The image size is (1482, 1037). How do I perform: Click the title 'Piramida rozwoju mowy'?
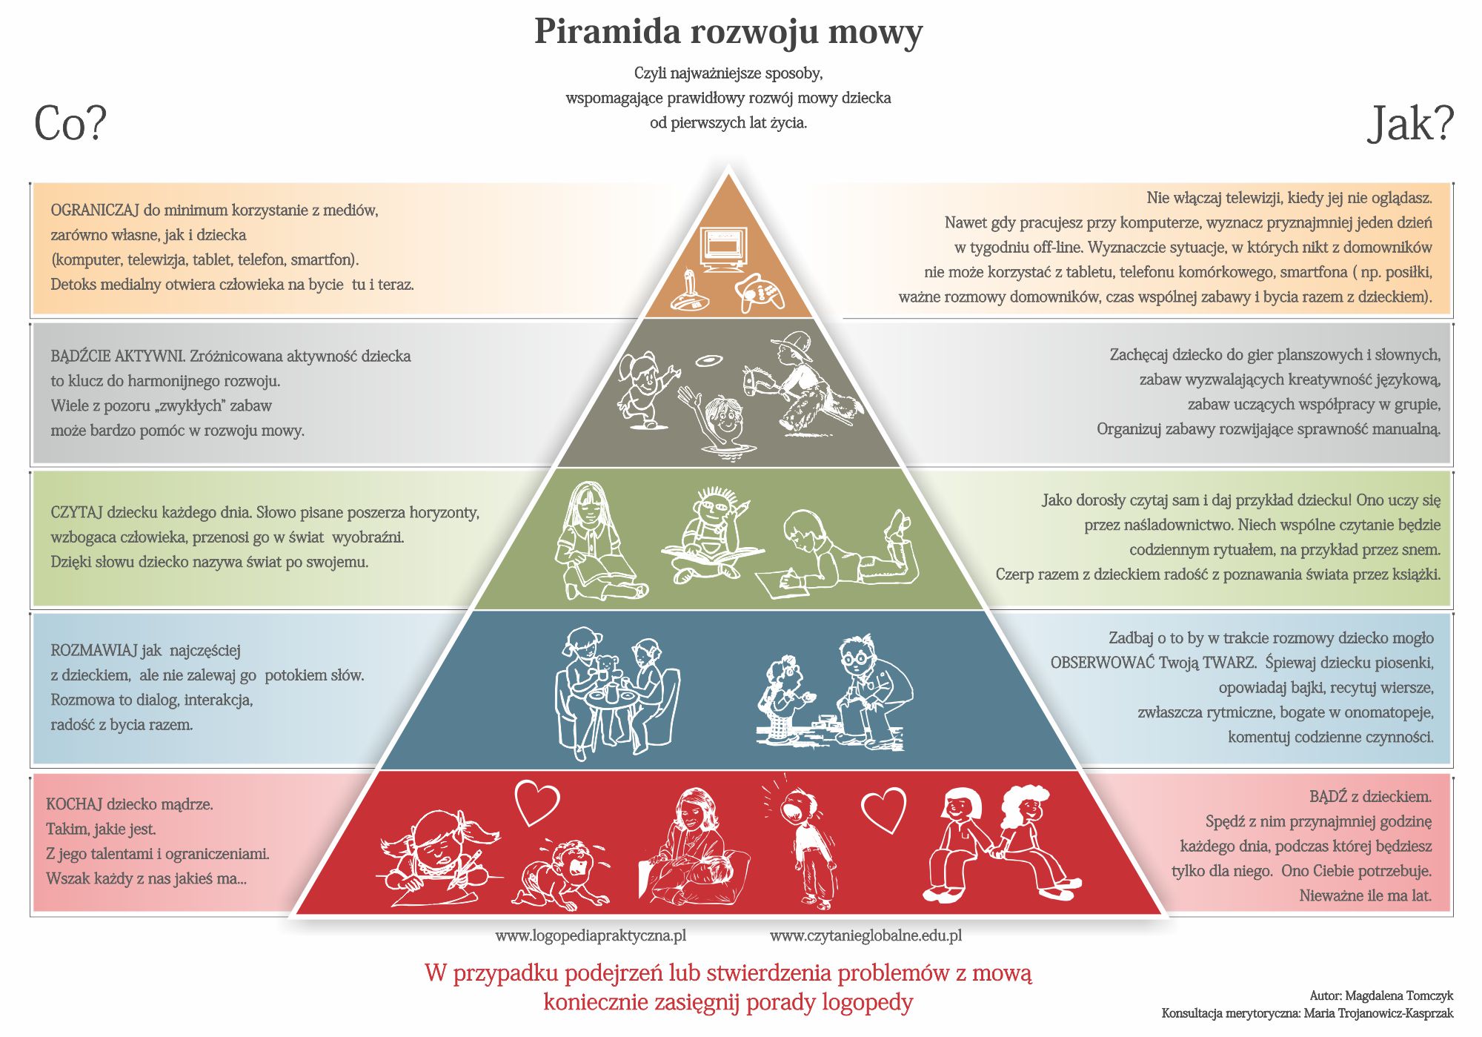728,32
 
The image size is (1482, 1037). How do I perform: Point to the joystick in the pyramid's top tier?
688,292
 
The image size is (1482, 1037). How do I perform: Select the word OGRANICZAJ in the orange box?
96,211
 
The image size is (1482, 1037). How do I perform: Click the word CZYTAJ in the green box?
76,512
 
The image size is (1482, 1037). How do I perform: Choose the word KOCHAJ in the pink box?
74,804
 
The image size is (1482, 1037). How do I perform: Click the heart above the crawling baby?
537,803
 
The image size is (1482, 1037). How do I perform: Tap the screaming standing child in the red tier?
804,841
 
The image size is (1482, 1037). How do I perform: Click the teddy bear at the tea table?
607,670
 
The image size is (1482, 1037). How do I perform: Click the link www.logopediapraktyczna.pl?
591,935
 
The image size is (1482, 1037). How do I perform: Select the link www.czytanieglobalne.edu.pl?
865,935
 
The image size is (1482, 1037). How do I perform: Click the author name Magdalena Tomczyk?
1399,995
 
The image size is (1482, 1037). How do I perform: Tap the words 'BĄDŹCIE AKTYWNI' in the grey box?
117,356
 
